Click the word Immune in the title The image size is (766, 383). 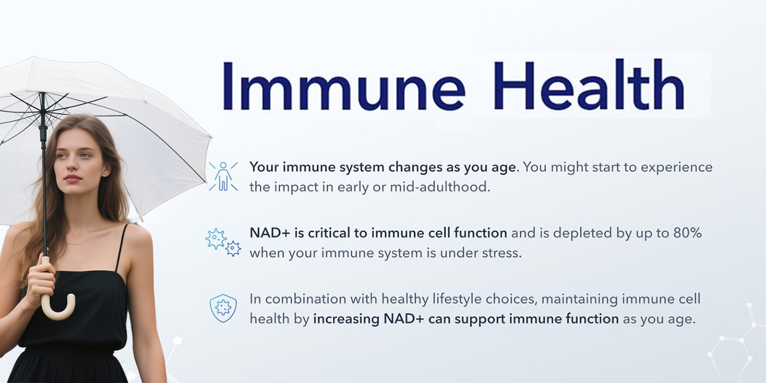point(344,85)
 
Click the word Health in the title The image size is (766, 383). point(589,84)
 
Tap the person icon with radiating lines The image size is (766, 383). point(223,176)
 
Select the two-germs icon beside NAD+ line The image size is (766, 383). point(223,242)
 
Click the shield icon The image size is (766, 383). point(223,308)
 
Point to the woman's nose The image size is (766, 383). point(72,165)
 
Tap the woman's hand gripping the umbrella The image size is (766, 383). point(40,281)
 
